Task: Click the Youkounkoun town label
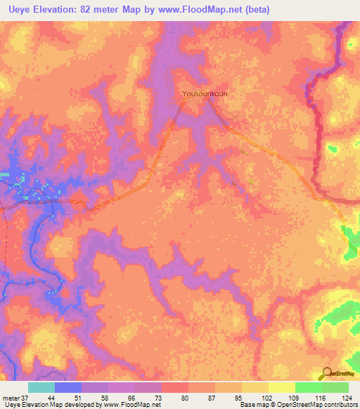pos(205,93)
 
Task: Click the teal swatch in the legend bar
pos(41,387)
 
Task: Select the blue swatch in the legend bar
pos(68,387)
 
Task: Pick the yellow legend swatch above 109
pos(281,387)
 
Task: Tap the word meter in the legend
pos(11,397)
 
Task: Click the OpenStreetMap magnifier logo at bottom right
pos(328,373)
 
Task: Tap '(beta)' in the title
pos(256,10)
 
